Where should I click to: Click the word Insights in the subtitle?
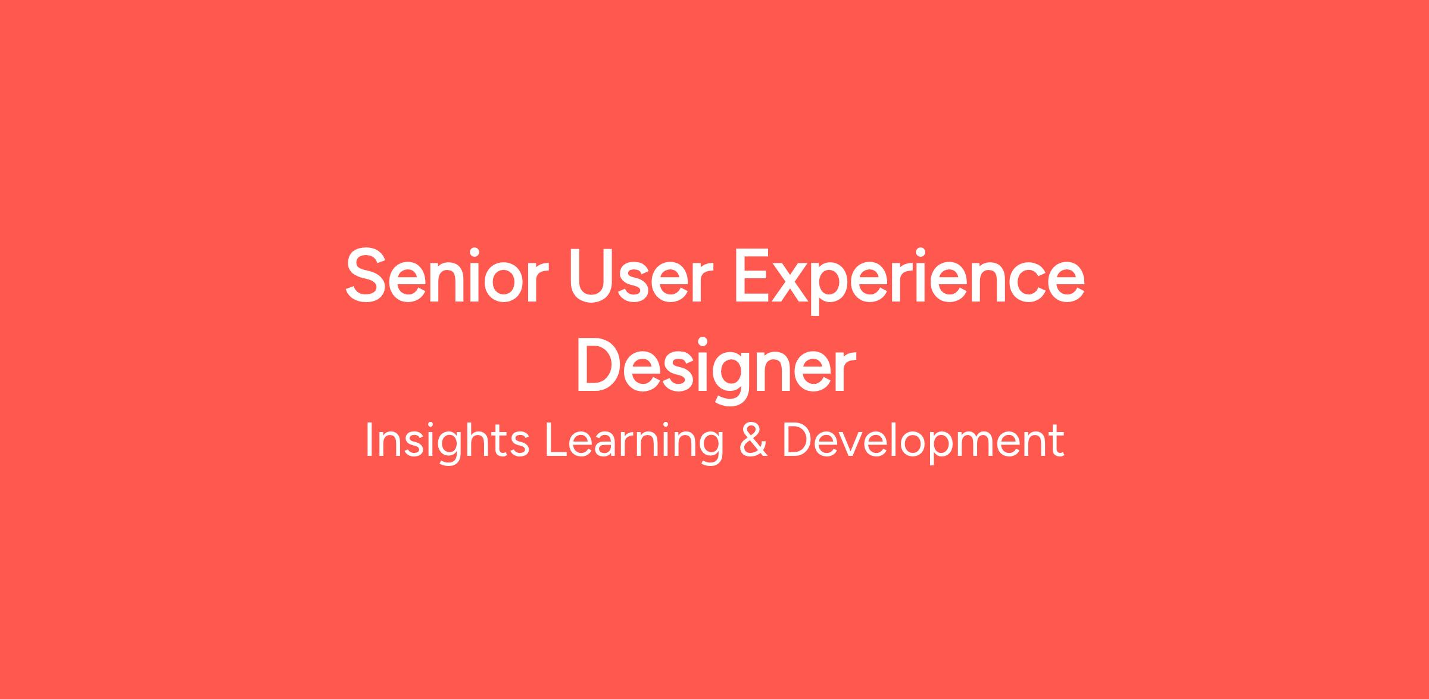tap(447, 442)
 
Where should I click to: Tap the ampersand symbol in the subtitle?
tap(753, 440)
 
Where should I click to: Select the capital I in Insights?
tap(369, 440)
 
